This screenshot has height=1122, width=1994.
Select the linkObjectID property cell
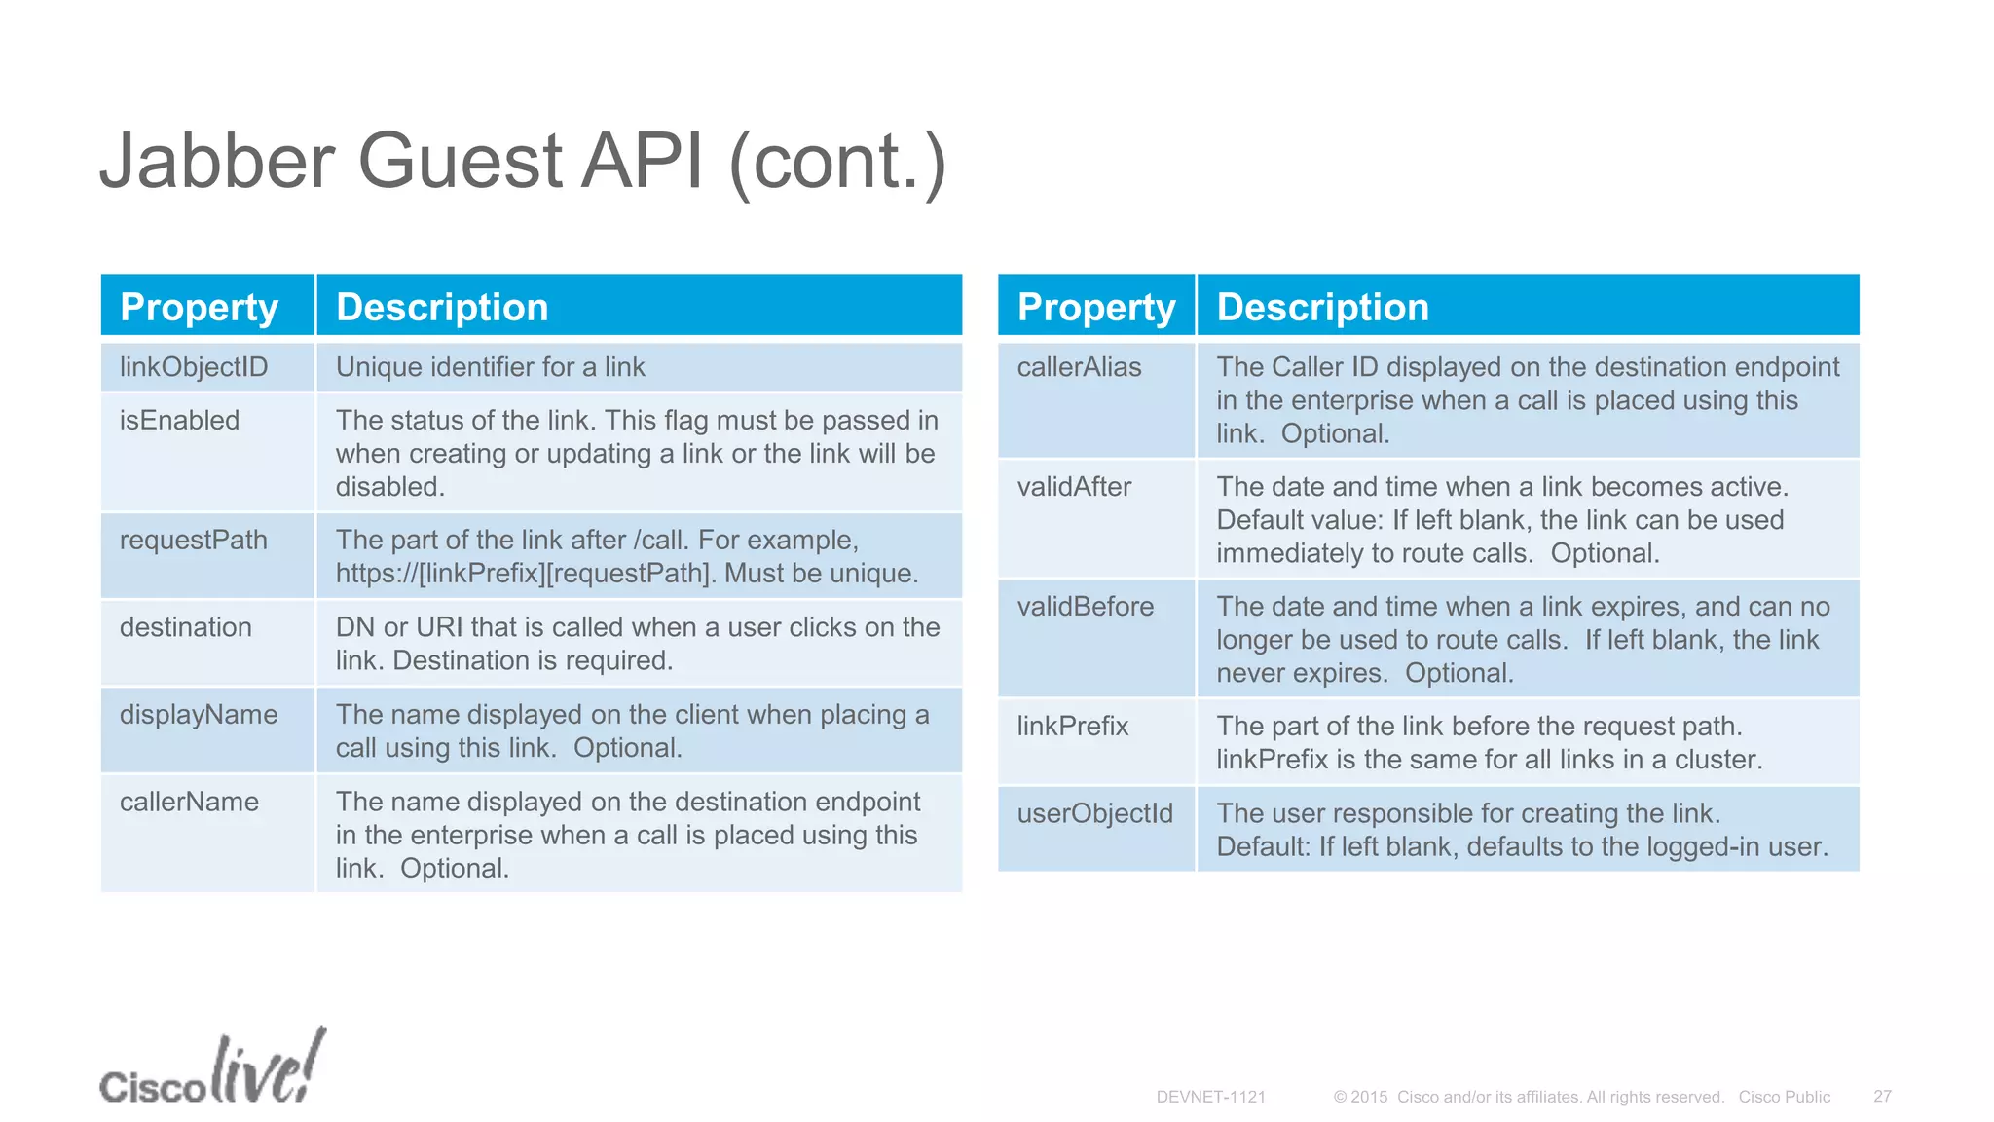(193, 367)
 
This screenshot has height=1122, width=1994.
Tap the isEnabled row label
(179, 421)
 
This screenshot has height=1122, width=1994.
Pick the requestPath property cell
(193, 541)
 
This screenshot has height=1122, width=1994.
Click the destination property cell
(185, 627)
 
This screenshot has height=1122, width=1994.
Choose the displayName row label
(198, 715)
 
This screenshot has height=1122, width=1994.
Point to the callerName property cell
(189, 803)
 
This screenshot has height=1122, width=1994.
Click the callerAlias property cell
(1079, 367)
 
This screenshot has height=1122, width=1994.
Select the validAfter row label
(1074, 487)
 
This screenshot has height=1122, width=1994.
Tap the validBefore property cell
(1085, 607)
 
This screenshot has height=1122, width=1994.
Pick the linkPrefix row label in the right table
(1072, 727)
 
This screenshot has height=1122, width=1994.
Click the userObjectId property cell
(1094, 813)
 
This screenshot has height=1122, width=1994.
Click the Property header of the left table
(199, 308)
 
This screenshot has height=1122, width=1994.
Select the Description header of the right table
(1322, 308)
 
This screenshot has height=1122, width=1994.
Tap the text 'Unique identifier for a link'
(490, 367)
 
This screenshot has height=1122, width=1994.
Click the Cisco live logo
(211, 1069)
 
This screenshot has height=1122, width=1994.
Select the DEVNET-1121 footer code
(1210, 1097)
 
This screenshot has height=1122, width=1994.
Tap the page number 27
(1882, 1097)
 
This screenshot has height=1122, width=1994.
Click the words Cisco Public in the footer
(1784, 1097)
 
